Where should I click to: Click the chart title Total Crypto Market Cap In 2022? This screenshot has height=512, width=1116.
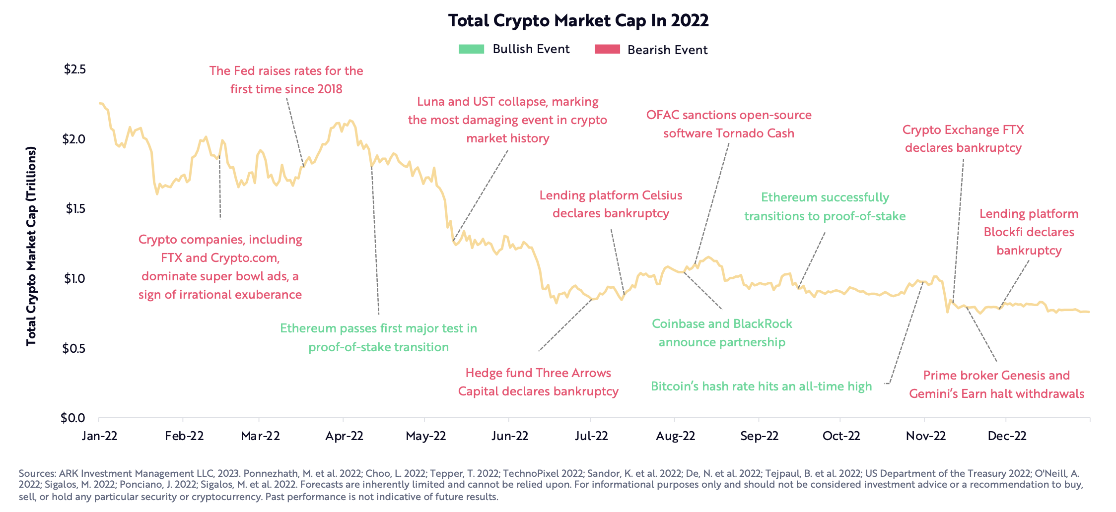578,21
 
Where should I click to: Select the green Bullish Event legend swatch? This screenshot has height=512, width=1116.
471,49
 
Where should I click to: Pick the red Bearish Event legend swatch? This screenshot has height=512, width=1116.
607,49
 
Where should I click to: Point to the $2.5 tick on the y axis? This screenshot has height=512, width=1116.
74,69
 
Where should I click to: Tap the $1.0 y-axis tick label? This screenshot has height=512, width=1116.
74,278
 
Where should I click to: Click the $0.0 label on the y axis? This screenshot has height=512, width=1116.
72,418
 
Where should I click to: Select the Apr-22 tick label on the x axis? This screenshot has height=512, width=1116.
344,436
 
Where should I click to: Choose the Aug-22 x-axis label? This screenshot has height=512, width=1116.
675,436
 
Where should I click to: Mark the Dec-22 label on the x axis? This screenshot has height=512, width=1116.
1007,436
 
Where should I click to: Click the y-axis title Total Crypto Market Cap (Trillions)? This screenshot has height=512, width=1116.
32,246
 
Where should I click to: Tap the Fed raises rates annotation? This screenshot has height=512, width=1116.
286,80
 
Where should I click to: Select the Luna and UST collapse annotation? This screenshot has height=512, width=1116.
507,120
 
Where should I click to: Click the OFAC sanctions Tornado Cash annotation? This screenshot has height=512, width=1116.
729,124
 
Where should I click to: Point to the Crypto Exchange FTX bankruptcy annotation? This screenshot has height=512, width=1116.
963,139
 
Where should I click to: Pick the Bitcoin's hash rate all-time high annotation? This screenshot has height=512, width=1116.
761,386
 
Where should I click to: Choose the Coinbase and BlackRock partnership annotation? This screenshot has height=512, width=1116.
722,333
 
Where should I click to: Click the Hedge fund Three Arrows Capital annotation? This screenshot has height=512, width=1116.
538,382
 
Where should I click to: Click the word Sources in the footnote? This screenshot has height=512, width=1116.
37,474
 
